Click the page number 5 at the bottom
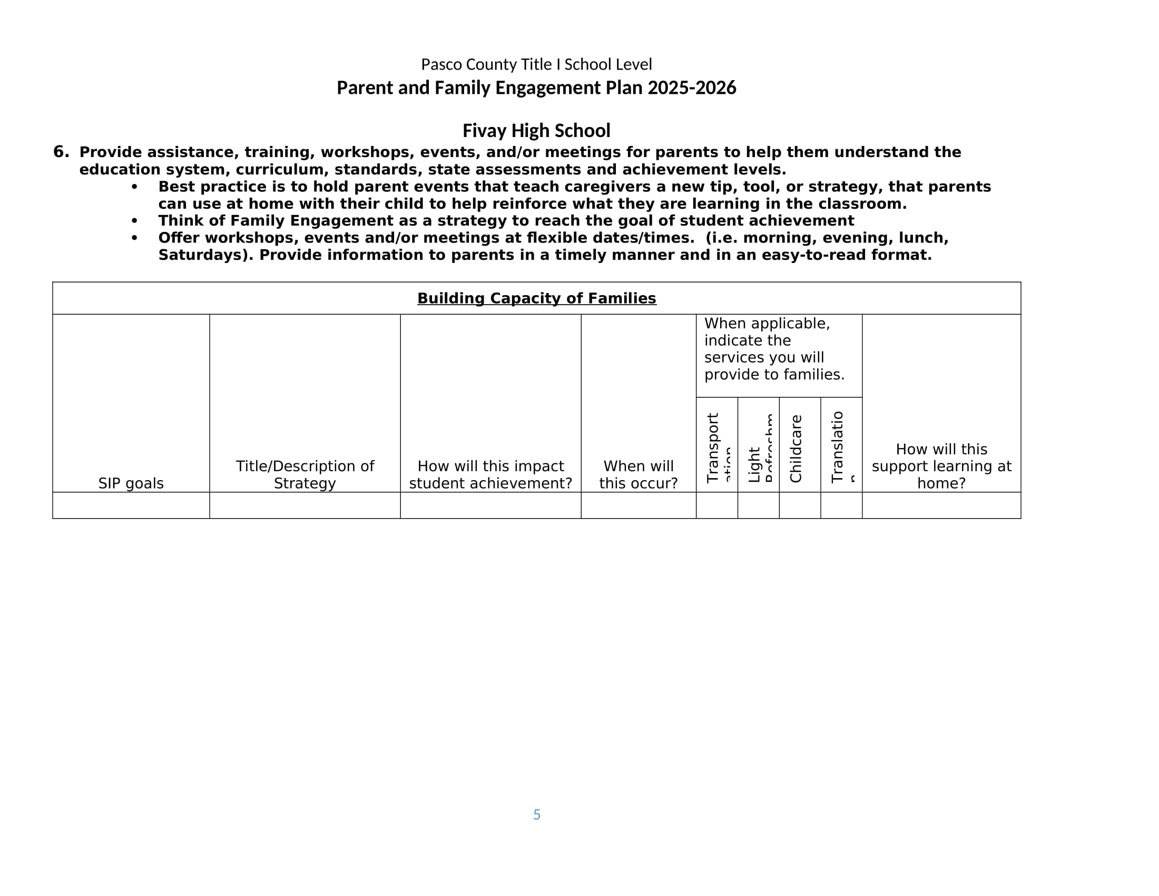pos(536,814)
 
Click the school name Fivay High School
pos(536,131)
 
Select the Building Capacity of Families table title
pos(536,298)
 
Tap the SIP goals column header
pos(131,483)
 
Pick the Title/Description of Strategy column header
pos(305,474)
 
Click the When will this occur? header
pos(638,474)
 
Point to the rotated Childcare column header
pos(795,449)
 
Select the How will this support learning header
pos(941,466)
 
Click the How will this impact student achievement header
pos(490,474)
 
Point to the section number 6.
pos(61,152)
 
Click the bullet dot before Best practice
pos(134,187)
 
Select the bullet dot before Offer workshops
pos(134,238)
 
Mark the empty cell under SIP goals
pos(131,505)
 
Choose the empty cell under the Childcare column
pos(800,505)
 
